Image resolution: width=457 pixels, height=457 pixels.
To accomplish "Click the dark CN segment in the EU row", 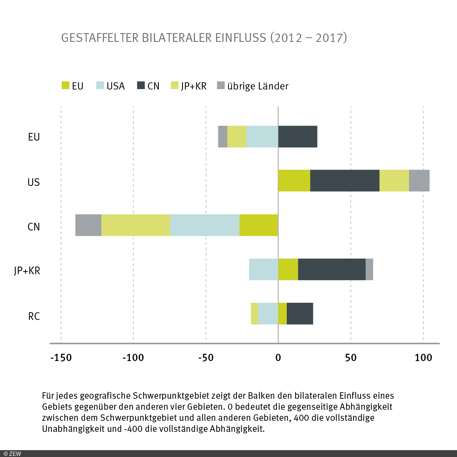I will (x=297, y=136).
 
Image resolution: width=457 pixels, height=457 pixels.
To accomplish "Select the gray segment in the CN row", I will (x=88, y=225).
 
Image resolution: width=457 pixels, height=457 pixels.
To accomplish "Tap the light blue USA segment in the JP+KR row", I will (x=264, y=269).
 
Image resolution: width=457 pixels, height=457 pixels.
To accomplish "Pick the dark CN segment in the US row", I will (x=345, y=181).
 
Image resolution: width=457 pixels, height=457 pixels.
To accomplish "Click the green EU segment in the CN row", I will (x=259, y=225).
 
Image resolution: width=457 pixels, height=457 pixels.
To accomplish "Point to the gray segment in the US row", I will (x=419, y=181).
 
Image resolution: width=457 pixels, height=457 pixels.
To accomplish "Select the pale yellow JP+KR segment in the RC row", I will (x=254, y=313).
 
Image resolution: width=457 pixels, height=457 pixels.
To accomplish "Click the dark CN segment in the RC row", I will (x=300, y=313).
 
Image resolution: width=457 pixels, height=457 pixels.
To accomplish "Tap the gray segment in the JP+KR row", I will (x=369, y=269).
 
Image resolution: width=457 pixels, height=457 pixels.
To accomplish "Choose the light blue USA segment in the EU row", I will (x=262, y=136).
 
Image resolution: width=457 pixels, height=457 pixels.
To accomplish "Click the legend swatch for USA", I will (x=100, y=86).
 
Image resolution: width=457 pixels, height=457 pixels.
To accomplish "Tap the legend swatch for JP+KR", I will (x=175, y=86).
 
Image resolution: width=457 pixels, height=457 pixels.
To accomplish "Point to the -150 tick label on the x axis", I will (x=61, y=358).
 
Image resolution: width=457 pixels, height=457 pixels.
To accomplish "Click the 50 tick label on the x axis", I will (x=351, y=358).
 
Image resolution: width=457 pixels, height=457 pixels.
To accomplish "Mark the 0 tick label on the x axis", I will (x=278, y=358).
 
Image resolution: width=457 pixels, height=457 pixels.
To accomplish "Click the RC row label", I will (x=34, y=316).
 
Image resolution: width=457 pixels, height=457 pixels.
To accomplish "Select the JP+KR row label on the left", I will (x=27, y=271).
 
